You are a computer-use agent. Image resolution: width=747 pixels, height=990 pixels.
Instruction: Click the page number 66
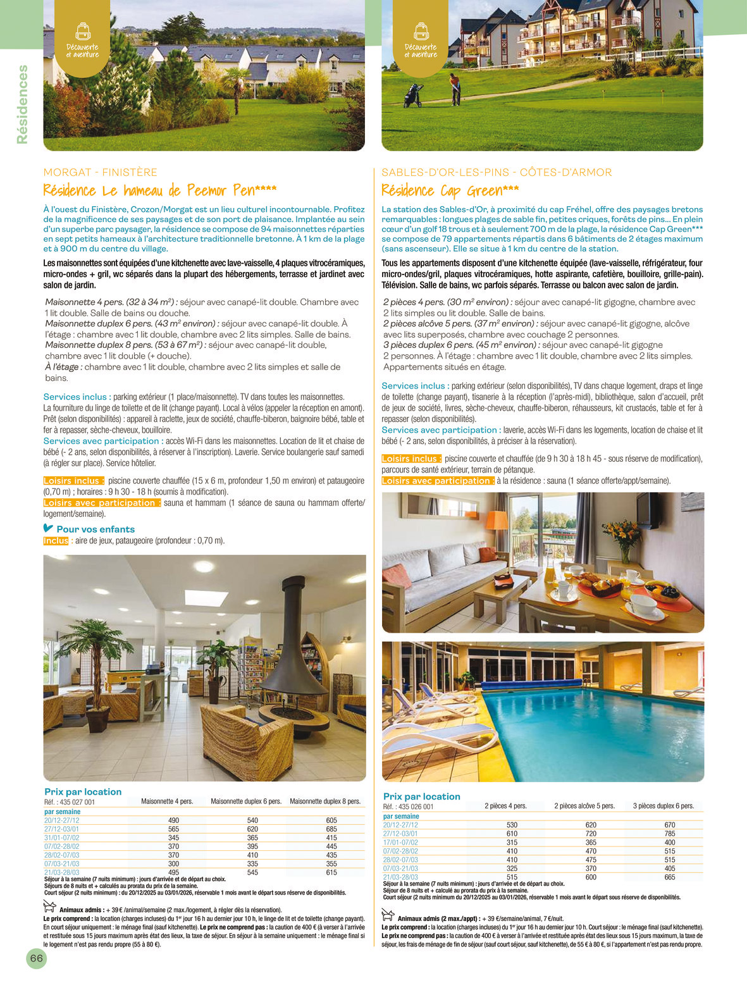[37, 958]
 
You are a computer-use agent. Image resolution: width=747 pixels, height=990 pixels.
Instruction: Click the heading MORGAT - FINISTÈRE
[100, 172]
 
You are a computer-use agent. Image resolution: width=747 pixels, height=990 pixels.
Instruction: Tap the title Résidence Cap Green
[450, 190]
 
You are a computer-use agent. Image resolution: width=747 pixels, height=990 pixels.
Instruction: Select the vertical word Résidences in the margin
[23, 104]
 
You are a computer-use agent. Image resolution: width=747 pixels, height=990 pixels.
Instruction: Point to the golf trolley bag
[414, 96]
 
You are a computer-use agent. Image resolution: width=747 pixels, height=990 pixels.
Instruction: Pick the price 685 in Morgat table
[331, 829]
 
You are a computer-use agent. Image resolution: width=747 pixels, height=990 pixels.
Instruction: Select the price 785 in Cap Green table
[670, 834]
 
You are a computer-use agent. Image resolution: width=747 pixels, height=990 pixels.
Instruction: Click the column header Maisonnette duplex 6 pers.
[246, 801]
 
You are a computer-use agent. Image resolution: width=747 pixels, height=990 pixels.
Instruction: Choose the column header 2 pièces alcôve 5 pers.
[584, 806]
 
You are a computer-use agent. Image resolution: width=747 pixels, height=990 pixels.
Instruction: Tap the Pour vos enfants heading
[95, 529]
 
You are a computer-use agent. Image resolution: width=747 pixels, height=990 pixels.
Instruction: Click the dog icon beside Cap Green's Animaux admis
[388, 914]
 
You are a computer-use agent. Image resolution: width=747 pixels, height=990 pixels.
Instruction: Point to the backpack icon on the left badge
[82, 30]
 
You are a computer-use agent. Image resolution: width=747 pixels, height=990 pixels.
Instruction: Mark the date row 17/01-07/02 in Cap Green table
[400, 843]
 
